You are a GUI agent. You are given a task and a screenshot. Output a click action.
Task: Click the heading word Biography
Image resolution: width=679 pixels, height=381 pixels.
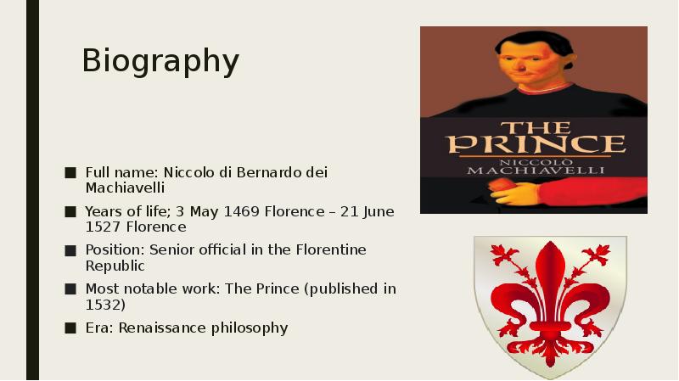pyautogui.click(x=160, y=62)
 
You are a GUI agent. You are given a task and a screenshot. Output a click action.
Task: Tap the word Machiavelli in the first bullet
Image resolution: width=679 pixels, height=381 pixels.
pyautogui.click(x=125, y=188)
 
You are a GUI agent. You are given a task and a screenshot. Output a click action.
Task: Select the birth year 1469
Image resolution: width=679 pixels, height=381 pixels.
pyautogui.click(x=241, y=211)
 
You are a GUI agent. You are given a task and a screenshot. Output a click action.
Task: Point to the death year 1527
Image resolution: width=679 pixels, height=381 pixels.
pyautogui.click(x=104, y=227)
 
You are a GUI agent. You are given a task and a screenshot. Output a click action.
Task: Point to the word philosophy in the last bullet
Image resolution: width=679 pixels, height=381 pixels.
pyautogui.click(x=251, y=328)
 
